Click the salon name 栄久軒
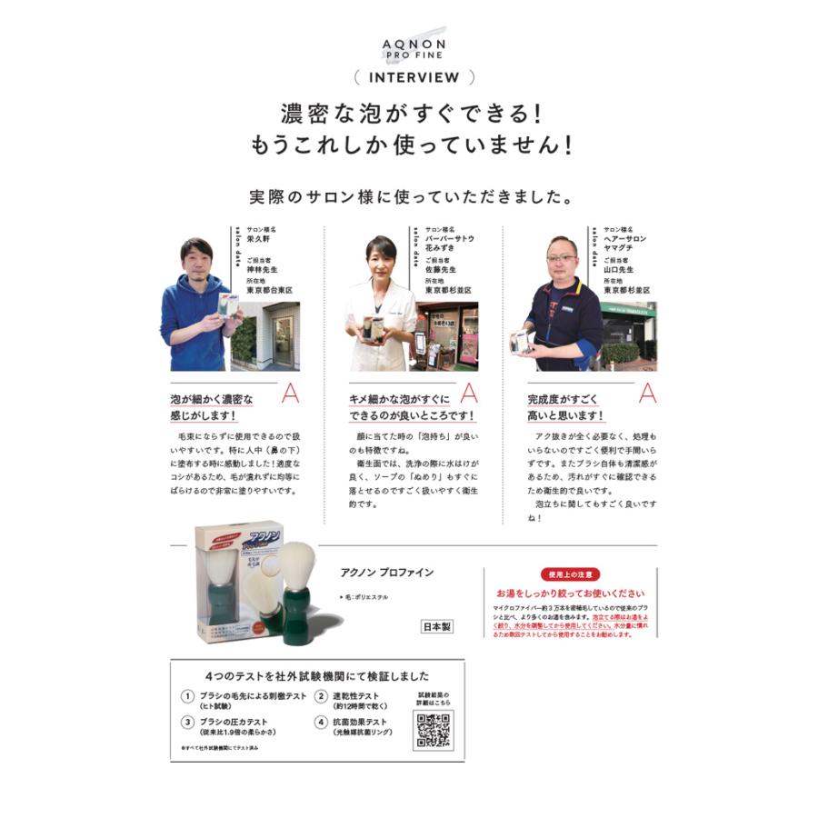pyautogui.click(x=259, y=239)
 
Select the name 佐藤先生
pyautogui.click(x=442, y=270)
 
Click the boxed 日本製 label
pyautogui.click(x=435, y=627)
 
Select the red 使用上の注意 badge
pyautogui.click(x=570, y=574)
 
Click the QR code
pyautogui.click(x=434, y=730)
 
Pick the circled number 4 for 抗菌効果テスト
pyautogui.click(x=320, y=723)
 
